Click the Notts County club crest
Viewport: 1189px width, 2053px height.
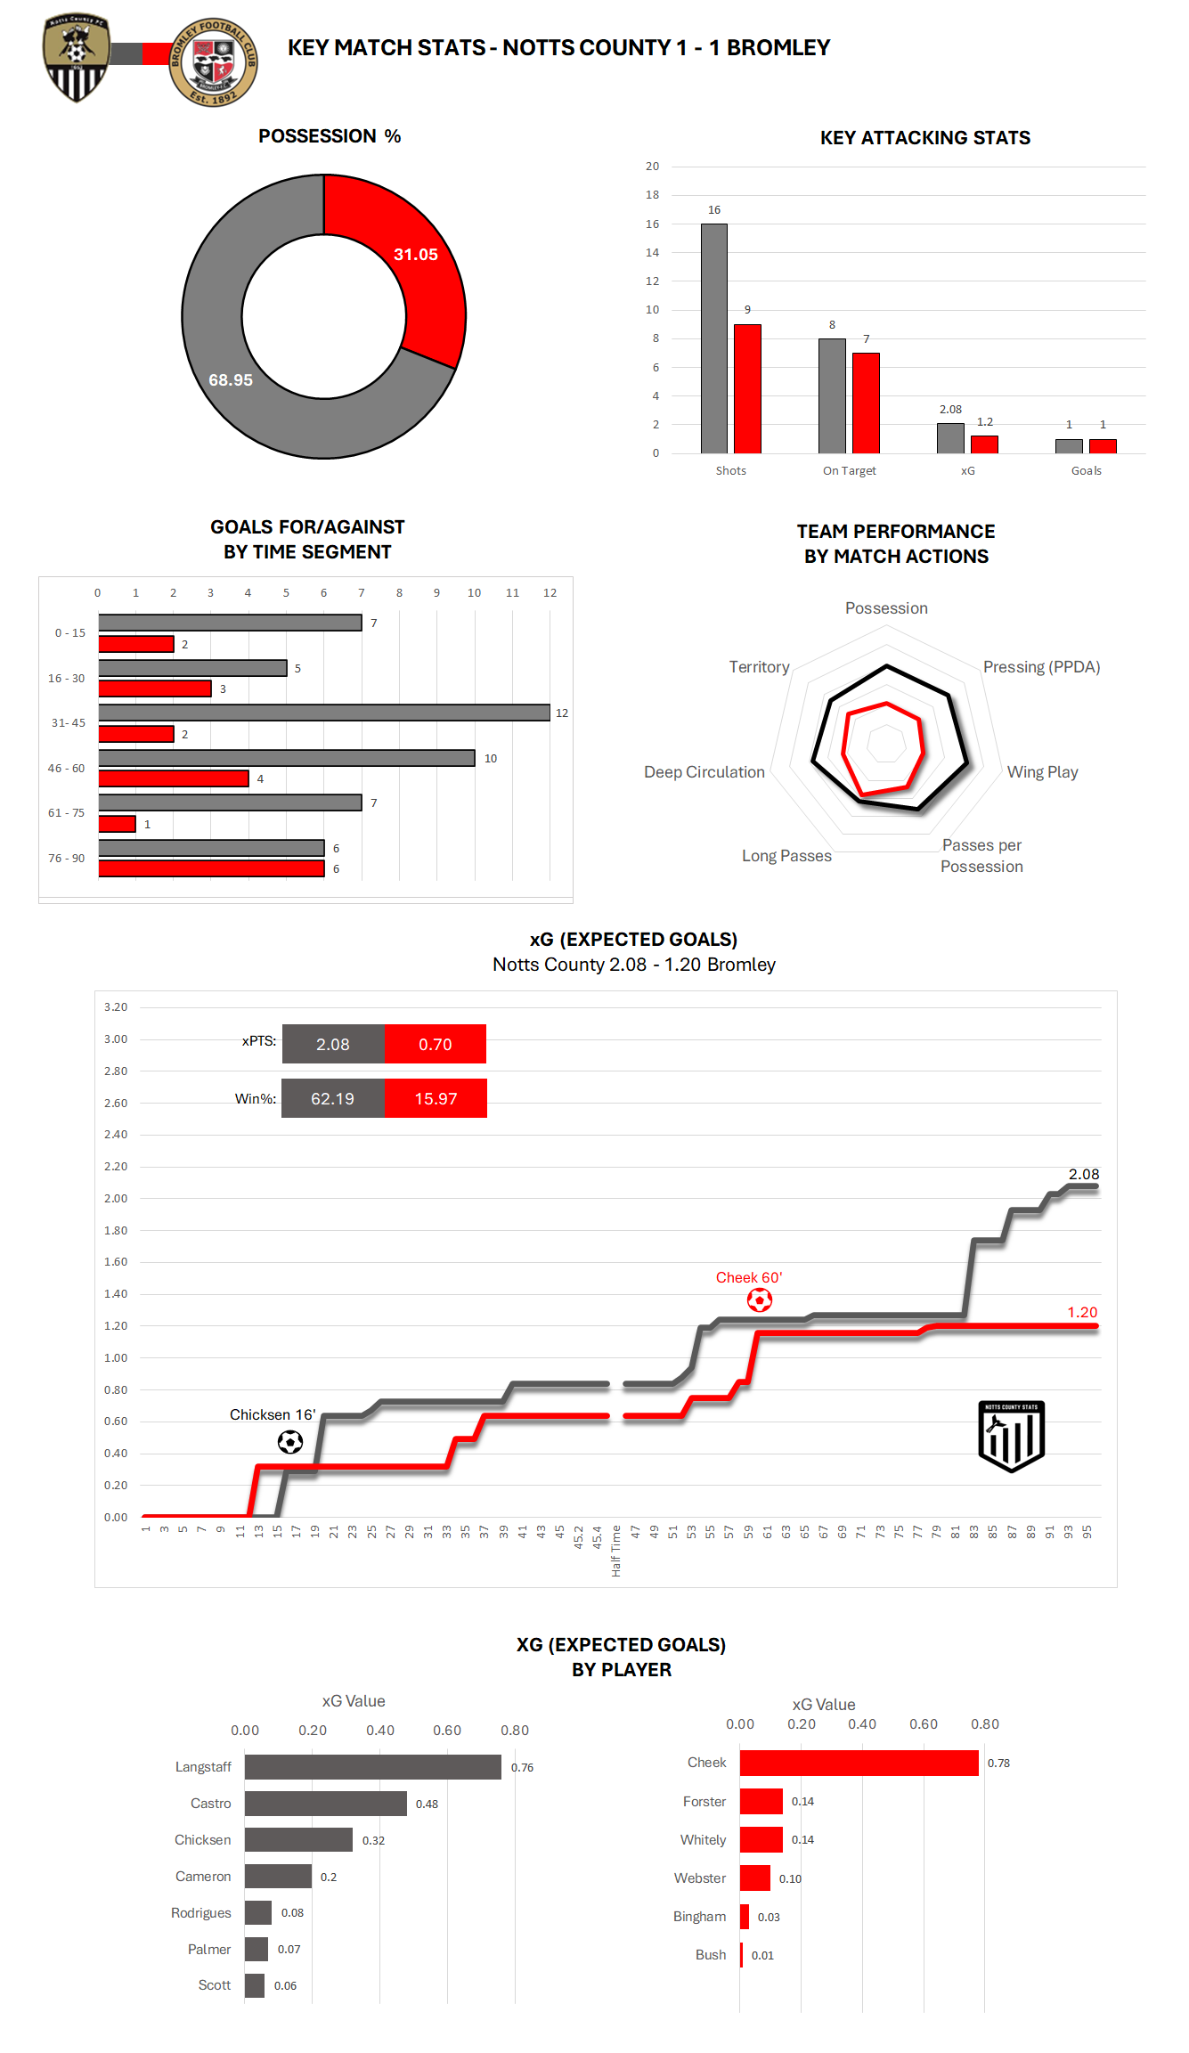[77, 58]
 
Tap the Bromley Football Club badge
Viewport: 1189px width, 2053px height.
[213, 62]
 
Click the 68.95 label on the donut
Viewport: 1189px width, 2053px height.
[231, 380]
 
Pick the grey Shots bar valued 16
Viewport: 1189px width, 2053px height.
[713, 338]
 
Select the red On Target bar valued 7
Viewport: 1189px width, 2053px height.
[866, 403]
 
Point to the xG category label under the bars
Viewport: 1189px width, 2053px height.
[967, 471]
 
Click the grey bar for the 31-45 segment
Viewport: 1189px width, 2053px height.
[324, 713]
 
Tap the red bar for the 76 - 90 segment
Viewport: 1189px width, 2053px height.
[211, 868]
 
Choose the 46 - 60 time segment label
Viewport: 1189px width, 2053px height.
[67, 768]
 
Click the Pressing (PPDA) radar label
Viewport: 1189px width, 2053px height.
[1041, 667]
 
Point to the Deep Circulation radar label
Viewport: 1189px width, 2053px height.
[704, 772]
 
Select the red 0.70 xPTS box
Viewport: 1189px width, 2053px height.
[436, 1044]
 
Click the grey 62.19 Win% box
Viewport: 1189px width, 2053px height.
[333, 1098]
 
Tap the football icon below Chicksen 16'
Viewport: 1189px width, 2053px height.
[290, 1442]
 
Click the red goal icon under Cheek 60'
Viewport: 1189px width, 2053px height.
[760, 1300]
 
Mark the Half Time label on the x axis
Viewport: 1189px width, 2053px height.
[615, 1551]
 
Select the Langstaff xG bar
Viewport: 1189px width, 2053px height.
[372, 1767]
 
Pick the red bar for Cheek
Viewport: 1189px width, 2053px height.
[859, 1763]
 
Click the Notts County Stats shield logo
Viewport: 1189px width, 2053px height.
[1011, 1436]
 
